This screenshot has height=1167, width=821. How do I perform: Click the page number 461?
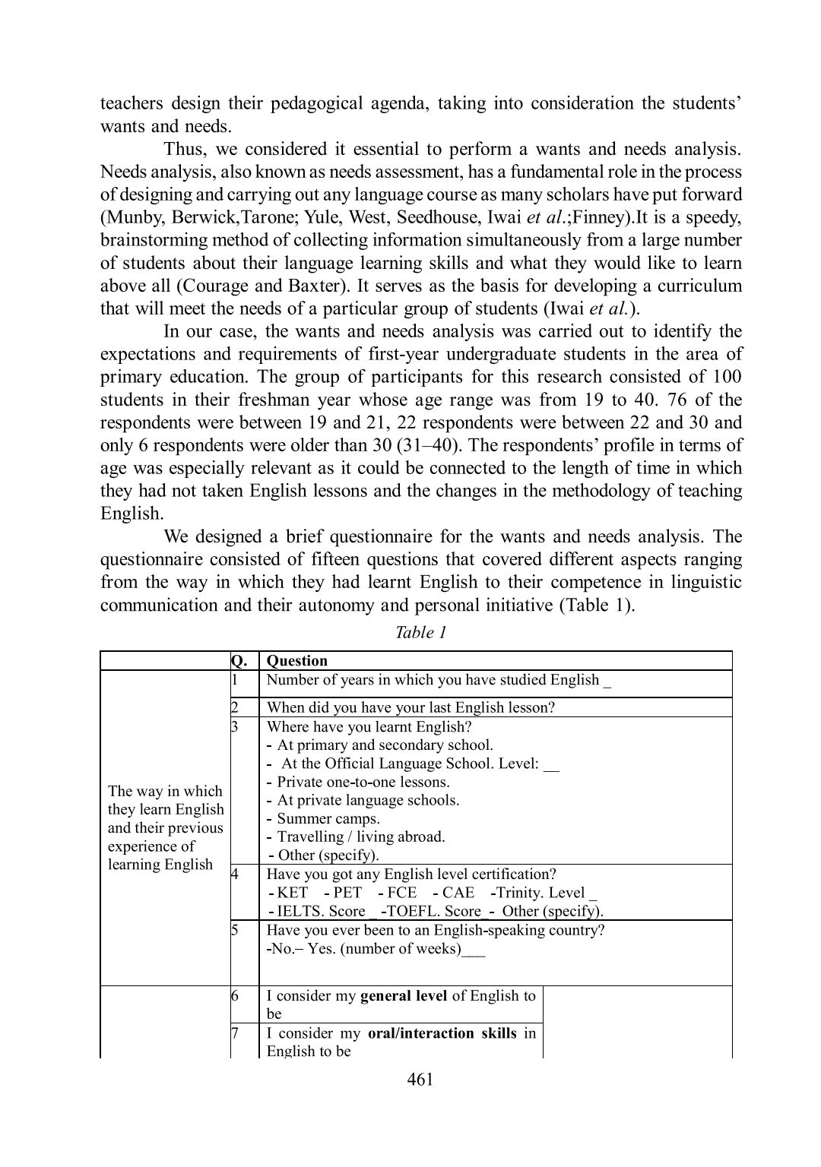[420, 1079]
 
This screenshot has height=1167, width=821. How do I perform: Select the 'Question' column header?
[297, 661]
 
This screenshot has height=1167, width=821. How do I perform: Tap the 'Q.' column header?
[239, 661]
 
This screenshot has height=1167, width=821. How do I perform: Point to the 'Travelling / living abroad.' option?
[360, 837]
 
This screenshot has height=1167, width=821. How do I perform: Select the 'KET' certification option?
[293, 893]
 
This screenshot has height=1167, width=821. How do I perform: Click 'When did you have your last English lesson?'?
[410, 707]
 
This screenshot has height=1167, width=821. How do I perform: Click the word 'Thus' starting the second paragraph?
[180, 149]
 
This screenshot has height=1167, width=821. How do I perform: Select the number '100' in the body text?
[727, 377]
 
